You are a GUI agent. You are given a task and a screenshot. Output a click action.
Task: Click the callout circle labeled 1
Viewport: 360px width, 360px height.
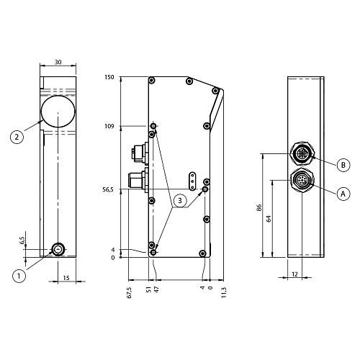19,276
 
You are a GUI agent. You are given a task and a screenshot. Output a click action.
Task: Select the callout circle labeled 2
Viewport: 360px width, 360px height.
17,137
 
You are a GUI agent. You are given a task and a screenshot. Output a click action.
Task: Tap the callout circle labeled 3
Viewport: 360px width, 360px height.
180,200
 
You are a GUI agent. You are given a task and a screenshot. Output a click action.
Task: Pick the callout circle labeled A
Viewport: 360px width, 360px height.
343,194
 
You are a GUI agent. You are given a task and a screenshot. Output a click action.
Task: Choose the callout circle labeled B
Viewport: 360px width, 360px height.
343,165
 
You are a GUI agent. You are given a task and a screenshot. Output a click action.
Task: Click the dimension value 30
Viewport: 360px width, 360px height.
58,62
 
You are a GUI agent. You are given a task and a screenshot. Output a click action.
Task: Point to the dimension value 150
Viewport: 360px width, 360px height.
109,77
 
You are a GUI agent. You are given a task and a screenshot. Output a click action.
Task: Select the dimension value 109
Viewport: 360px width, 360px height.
109,126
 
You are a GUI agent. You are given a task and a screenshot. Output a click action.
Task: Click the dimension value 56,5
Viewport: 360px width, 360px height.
108,189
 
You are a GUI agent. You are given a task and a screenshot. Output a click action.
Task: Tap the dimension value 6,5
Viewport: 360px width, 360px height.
22,240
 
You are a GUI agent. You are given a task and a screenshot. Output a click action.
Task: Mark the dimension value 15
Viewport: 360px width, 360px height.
66,278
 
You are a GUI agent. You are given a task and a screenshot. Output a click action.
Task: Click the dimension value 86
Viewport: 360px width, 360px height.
258,207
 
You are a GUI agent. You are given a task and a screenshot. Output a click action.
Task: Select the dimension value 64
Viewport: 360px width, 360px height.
269,219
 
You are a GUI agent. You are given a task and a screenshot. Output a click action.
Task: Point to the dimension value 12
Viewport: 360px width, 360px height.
294,274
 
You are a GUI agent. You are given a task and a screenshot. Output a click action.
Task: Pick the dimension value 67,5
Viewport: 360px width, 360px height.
129,292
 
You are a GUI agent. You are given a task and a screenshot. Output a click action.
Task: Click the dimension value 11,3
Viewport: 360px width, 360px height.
224,292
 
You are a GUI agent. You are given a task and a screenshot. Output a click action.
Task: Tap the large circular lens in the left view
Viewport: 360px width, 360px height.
58,111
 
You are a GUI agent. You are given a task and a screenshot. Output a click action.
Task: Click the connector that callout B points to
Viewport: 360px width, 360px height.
302,153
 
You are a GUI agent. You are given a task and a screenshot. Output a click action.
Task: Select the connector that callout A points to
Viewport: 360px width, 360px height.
302,181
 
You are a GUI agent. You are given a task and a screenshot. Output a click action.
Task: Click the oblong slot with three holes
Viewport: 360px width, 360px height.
192,181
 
